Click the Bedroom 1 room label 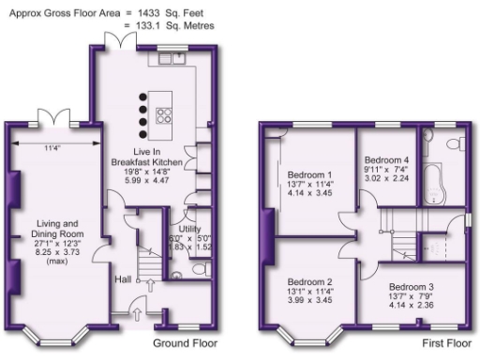pos(310,175)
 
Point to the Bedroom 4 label pos(386,160)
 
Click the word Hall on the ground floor pos(123,278)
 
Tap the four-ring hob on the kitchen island pos(166,115)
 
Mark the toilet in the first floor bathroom pos(454,144)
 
